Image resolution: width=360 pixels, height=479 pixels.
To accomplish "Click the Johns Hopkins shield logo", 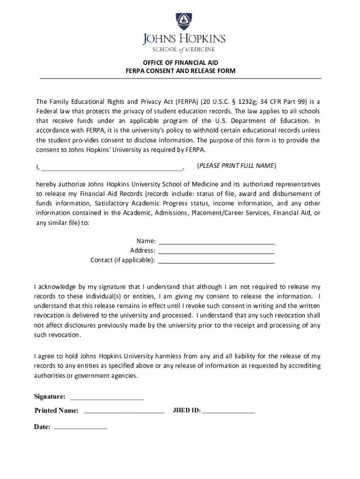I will [x=184, y=22].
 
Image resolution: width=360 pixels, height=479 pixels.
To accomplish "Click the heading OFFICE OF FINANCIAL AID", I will [x=180, y=62].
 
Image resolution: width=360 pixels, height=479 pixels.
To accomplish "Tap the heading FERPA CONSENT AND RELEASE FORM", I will [x=180, y=71].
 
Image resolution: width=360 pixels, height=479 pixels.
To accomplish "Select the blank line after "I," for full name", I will [x=112, y=168].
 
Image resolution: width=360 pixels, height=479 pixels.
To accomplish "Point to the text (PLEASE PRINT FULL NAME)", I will [x=237, y=166].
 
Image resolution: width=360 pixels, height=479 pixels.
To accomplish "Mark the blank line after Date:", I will [x=81, y=428].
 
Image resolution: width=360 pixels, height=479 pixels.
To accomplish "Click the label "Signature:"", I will [x=50, y=397].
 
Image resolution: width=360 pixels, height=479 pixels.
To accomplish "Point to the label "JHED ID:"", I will [x=187, y=411].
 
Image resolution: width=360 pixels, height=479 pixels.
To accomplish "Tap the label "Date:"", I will [x=42, y=427].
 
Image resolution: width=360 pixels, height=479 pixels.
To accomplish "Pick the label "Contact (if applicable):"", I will [x=122, y=260].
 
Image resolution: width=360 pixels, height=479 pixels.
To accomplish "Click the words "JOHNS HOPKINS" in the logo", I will [x=184, y=39].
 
